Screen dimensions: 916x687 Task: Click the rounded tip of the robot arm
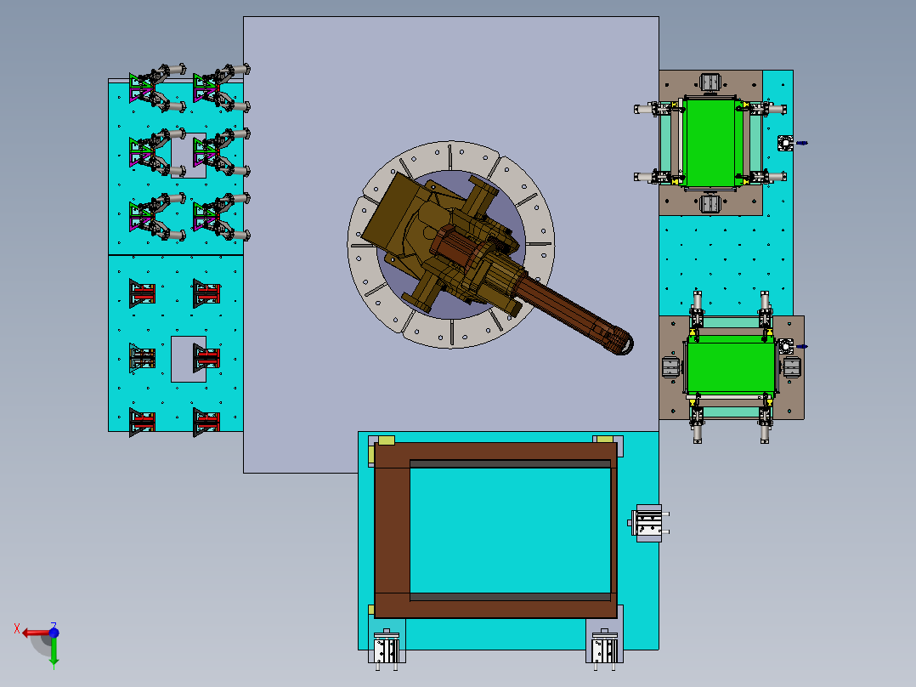(623, 343)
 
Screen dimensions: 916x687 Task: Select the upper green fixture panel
(710, 143)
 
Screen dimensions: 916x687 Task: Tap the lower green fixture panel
(731, 368)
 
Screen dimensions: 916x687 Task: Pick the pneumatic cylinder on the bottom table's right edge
(647, 523)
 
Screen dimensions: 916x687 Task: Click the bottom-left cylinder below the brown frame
(387, 649)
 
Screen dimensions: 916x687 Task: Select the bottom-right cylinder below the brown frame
(604, 649)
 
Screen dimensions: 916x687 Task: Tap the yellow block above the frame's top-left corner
(386, 440)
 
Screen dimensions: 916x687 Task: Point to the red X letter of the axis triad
(17, 629)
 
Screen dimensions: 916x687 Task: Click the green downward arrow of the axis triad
(54, 651)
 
